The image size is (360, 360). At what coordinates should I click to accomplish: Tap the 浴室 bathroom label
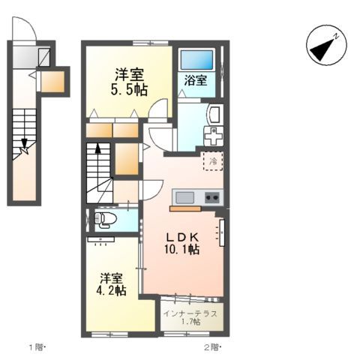(x=196, y=79)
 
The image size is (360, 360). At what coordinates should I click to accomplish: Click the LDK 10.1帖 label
(x=182, y=241)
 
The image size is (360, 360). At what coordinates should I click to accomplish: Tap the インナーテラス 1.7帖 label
(x=190, y=317)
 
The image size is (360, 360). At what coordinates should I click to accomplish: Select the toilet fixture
(x=103, y=218)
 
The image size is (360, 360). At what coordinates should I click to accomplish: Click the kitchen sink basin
(x=184, y=197)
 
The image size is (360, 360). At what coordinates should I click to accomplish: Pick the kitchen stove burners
(x=211, y=198)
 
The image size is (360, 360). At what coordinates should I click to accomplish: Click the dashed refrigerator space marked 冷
(x=213, y=160)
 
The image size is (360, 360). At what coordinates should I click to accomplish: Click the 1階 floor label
(x=37, y=347)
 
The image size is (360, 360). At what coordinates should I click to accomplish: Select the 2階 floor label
(x=210, y=347)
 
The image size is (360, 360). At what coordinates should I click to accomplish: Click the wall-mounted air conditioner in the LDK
(x=221, y=232)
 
